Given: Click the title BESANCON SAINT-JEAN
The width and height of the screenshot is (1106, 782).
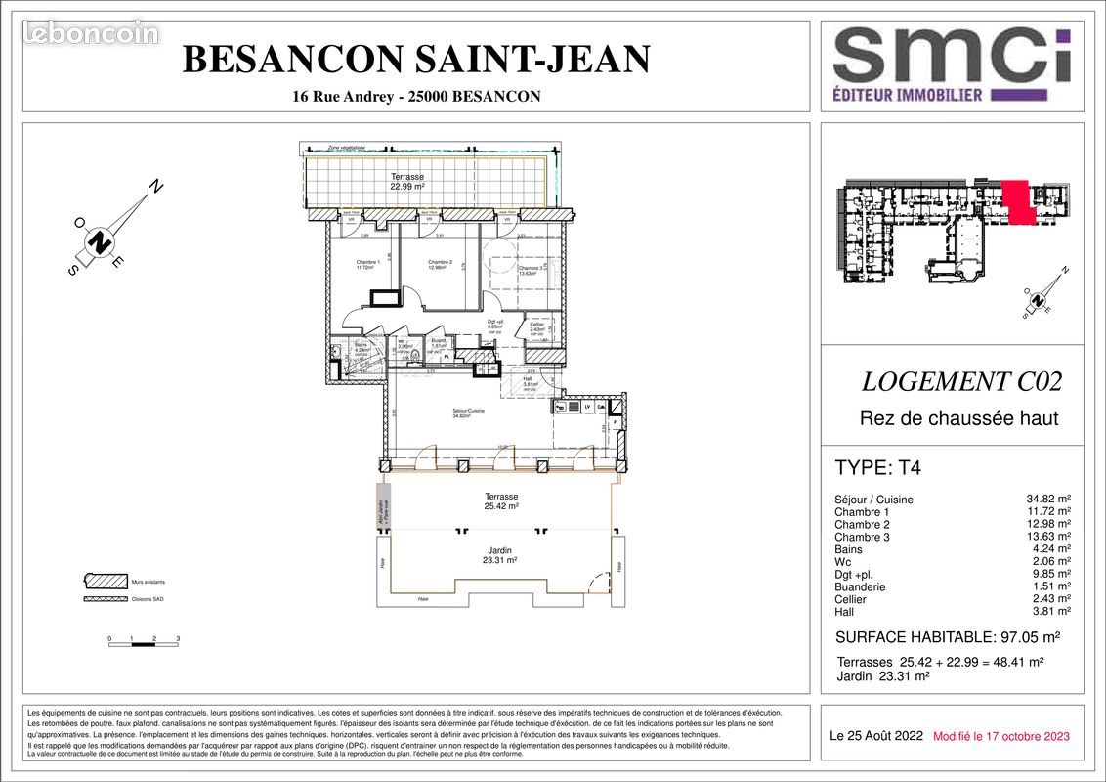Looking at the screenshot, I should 416,60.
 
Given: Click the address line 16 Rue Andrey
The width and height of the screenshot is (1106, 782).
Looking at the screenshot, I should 416,97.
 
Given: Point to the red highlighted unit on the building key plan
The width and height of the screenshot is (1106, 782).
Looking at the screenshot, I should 1016,201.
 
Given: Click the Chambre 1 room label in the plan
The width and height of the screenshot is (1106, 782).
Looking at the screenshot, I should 367,265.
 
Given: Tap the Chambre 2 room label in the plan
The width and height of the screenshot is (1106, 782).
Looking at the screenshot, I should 440,265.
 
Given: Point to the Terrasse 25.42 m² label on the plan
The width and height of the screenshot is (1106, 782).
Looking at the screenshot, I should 500,501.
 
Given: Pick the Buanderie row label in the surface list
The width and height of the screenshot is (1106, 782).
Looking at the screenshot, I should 860,586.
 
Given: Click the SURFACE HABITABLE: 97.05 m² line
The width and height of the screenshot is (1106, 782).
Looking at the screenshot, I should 947,637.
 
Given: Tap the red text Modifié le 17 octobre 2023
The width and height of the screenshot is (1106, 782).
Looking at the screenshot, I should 1000,736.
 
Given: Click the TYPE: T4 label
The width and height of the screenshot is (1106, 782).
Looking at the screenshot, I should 877,467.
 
